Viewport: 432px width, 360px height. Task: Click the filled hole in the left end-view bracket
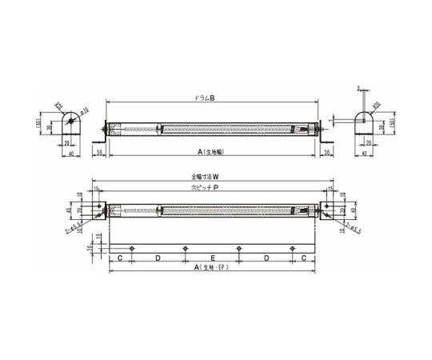coord(72,119)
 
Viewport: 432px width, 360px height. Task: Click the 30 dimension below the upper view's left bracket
coord(100,150)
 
